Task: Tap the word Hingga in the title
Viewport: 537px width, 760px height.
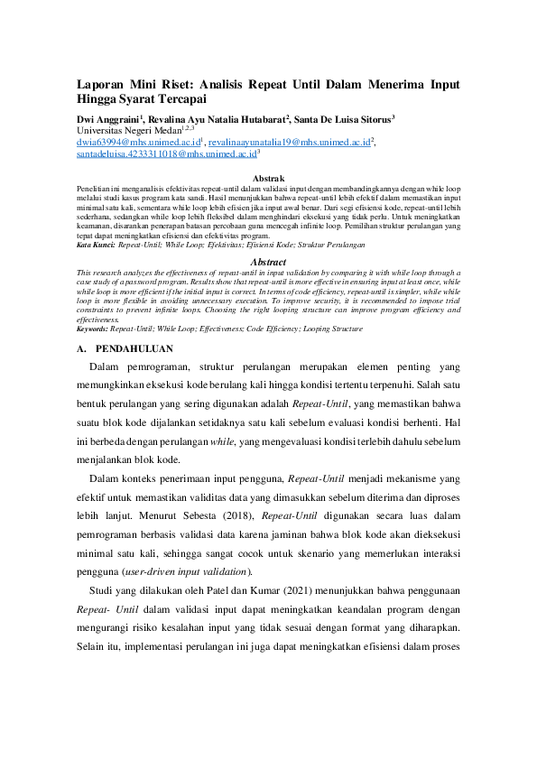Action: tap(100, 99)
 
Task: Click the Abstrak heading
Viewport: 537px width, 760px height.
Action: tap(268, 179)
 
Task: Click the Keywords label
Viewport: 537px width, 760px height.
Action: tap(92, 330)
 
